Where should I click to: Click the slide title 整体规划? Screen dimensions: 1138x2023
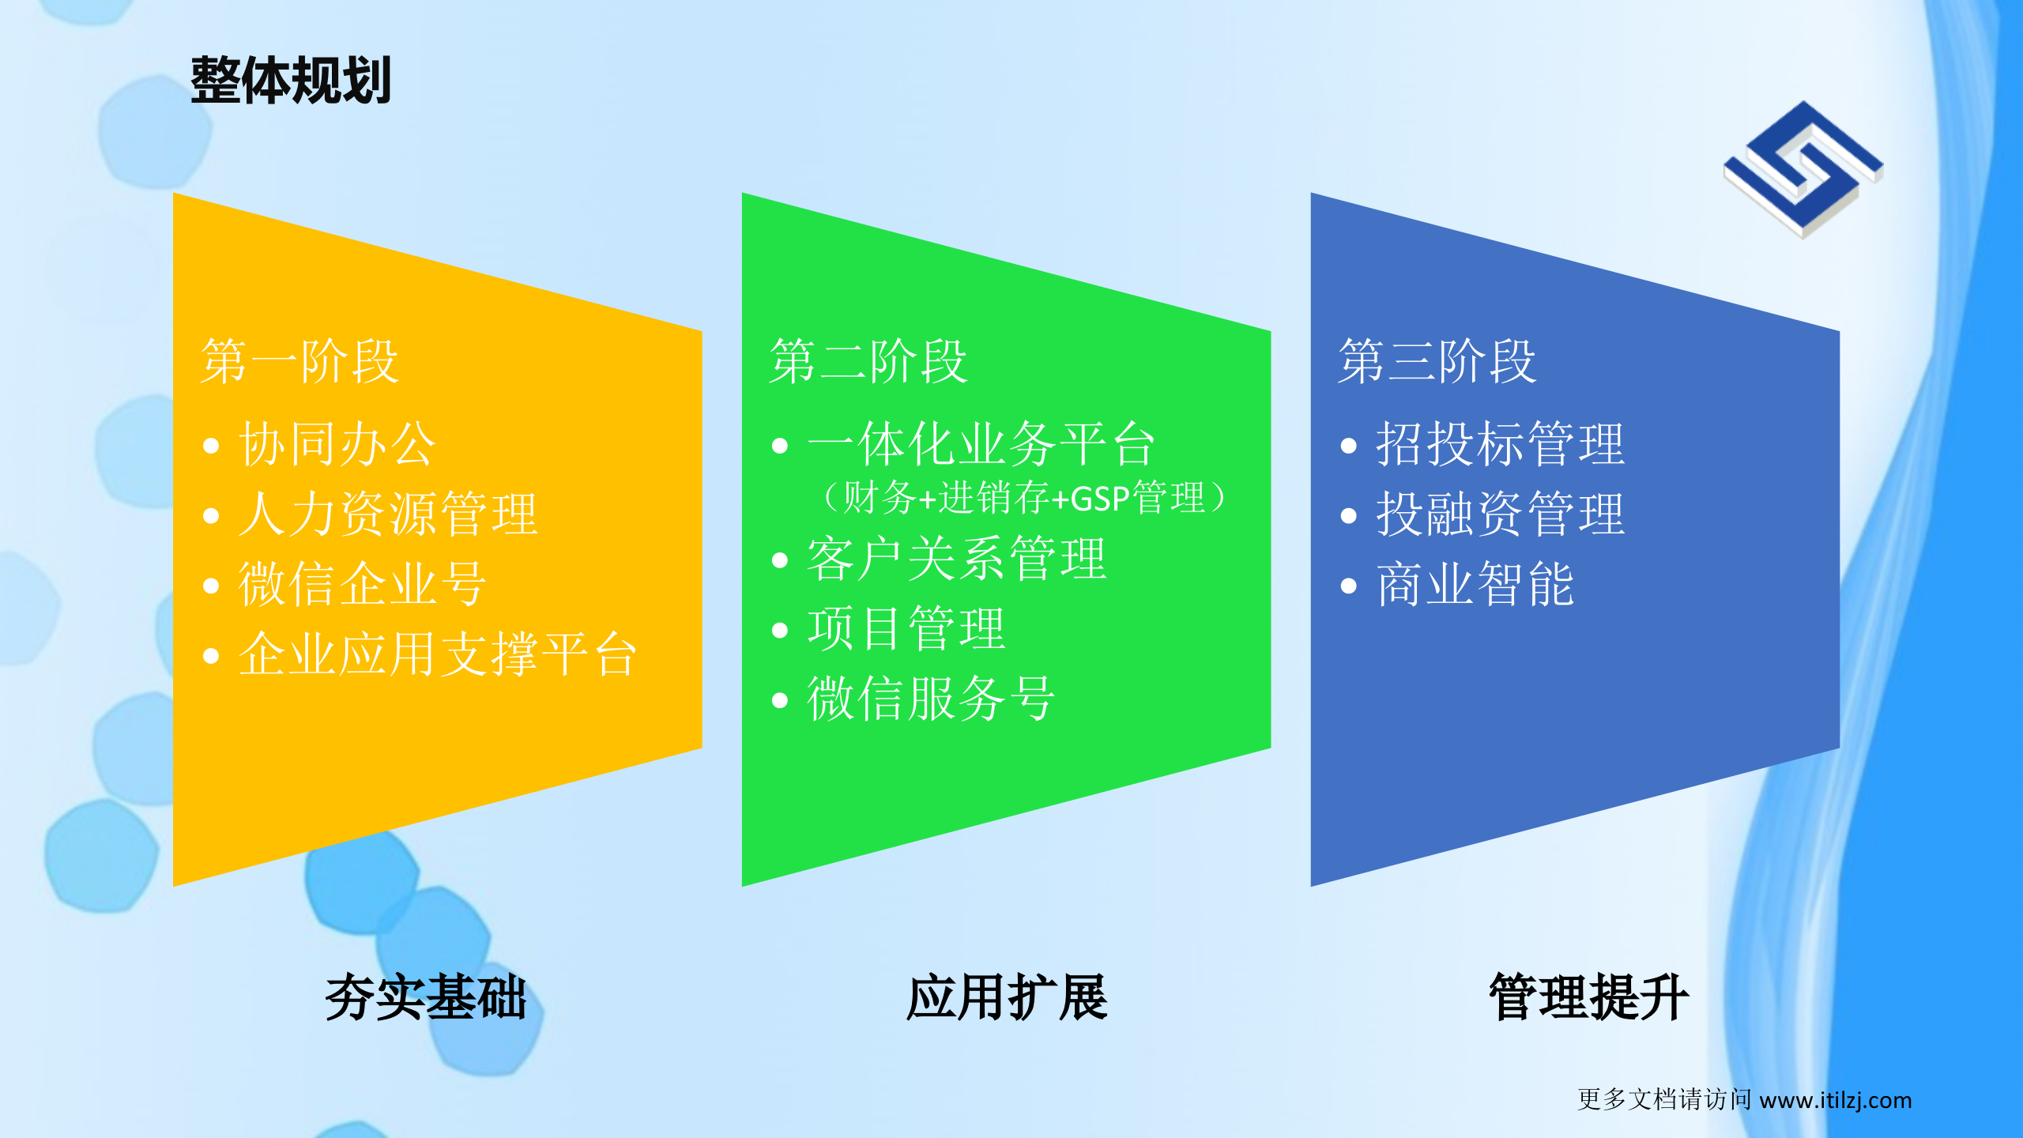[x=291, y=81]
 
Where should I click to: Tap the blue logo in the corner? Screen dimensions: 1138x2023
[x=1803, y=169]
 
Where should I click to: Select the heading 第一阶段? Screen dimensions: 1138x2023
[x=299, y=362]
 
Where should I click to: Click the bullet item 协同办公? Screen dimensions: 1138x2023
[x=337, y=444]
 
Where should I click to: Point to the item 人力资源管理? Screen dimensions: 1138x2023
[x=387, y=514]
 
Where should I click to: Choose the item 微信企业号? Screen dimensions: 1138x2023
[x=362, y=584]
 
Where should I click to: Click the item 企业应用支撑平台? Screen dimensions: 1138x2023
[x=437, y=654]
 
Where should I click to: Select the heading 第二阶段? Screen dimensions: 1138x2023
[x=868, y=362]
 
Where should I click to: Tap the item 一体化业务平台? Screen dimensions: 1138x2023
[x=981, y=444]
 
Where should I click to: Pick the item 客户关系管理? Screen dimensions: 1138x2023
[x=955, y=559]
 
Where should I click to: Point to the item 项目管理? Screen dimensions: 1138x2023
[x=906, y=629]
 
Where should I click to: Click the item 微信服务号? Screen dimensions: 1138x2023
[x=930, y=699]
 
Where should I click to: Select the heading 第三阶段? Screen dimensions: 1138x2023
[x=1437, y=362]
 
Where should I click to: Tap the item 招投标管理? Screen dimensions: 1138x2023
[x=1499, y=444]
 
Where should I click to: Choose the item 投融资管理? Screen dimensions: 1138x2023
[x=1499, y=514]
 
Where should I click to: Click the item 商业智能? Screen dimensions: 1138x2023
[x=1475, y=584]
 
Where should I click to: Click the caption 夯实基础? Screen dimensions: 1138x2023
[x=425, y=997]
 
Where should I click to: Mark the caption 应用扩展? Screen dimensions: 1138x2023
[x=1007, y=997]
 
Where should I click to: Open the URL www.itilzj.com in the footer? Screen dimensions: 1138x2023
[x=1835, y=1100]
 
